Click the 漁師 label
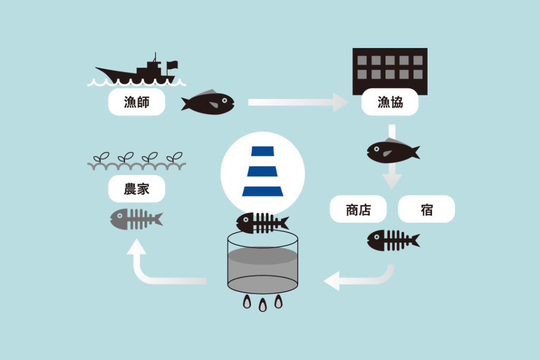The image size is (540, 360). coord(137,102)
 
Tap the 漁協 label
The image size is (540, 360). coord(390,102)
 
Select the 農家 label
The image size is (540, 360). coord(137,189)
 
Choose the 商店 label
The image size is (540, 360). coord(358,209)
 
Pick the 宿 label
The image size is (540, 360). coord(426,209)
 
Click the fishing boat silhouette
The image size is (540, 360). coord(138,70)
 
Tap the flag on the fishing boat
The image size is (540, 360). coord(172,65)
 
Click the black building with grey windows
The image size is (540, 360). coord(390,71)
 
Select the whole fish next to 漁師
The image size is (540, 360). coord(208,102)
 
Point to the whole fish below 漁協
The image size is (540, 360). coord(393,150)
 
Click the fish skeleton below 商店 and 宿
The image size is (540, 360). coord(393,240)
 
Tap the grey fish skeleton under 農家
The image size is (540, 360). coord(137,219)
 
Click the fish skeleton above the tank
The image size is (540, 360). coord(263,223)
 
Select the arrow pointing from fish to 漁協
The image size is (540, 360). coord(298,102)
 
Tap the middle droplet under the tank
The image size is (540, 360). coord(263,305)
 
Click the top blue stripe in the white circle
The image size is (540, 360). coord(263,151)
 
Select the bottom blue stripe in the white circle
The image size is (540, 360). coord(263,191)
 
